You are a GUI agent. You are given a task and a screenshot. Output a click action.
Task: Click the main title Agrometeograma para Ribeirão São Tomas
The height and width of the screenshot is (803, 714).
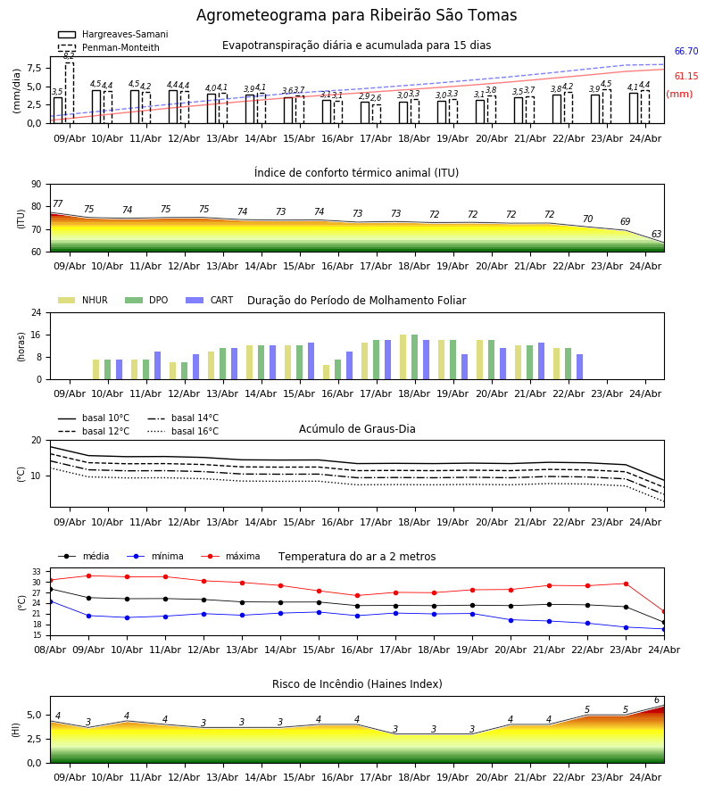tap(356, 15)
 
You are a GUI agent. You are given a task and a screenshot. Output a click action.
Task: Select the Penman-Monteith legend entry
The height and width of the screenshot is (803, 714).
tap(109, 47)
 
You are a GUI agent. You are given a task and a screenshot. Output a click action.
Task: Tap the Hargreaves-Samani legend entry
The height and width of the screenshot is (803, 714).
tap(112, 34)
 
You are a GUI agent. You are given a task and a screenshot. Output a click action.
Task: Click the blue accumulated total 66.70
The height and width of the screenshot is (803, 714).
tap(686, 51)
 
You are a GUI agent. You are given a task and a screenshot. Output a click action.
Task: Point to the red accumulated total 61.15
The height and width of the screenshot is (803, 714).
tap(686, 77)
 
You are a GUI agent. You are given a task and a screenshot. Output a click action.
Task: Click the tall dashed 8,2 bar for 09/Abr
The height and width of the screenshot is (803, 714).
tap(69, 93)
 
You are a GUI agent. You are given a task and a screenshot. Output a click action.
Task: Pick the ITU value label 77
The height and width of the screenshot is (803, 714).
tap(58, 203)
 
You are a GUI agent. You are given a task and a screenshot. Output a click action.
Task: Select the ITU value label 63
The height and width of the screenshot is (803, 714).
tap(656, 234)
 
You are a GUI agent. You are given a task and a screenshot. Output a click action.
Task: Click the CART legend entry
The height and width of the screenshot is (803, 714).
tap(210, 300)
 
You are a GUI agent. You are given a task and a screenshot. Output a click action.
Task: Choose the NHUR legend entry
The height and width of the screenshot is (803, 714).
tap(83, 300)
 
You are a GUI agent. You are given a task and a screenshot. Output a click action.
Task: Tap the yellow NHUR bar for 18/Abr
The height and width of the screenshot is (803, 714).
tap(403, 357)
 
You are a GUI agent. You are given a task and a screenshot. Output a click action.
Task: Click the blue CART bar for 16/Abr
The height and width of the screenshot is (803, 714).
tap(349, 366)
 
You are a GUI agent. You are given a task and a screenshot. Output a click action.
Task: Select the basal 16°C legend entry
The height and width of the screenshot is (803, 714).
tap(183, 431)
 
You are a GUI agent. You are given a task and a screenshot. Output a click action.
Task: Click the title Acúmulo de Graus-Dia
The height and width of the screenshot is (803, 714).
tap(357, 429)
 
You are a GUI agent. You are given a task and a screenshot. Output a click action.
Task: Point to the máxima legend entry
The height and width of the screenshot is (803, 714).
tap(230, 556)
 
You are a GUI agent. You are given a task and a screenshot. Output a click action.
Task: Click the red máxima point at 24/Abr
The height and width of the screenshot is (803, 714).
tap(664, 611)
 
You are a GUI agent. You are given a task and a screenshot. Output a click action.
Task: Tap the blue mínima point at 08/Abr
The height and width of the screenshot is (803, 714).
tap(50, 601)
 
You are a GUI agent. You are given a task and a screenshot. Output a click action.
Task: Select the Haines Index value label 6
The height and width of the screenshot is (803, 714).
tap(657, 700)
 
